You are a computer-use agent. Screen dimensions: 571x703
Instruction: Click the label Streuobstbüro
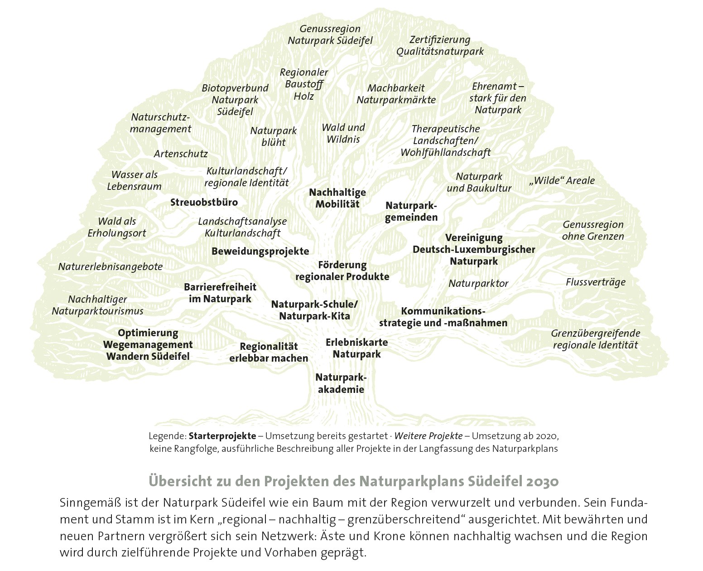point(204,202)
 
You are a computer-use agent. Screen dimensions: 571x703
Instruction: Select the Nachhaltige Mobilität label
point(337,198)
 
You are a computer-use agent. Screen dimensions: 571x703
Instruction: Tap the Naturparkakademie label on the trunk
point(340,383)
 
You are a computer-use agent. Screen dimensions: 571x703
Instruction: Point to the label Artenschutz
point(181,154)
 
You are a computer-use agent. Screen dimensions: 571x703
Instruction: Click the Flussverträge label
point(595,282)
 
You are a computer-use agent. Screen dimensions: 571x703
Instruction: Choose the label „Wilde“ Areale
point(562,181)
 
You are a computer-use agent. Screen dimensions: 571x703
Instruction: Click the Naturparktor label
point(478,284)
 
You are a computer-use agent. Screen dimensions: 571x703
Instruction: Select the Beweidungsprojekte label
point(260,252)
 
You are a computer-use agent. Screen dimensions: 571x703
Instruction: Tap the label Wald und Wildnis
point(343,133)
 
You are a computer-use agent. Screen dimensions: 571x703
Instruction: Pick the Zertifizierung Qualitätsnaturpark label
point(440,46)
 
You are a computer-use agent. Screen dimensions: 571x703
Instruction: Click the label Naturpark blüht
point(274,136)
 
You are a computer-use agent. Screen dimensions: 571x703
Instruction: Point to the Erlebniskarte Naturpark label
point(357,348)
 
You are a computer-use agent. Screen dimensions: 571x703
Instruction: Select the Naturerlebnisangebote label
point(110,266)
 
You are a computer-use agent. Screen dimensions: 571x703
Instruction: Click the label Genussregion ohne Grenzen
point(593,230)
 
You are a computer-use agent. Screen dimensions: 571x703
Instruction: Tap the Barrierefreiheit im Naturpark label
point(220,293)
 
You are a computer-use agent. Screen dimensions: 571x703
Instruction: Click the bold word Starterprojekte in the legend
point(222,436)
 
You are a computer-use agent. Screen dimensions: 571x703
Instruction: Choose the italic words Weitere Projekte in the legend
point(429,436)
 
